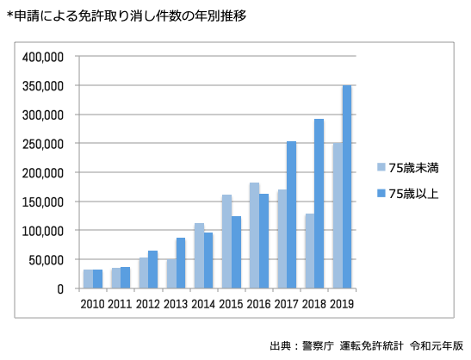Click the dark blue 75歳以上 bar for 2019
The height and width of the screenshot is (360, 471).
pos(347,187)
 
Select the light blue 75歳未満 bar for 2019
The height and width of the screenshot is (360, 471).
pos(338,215)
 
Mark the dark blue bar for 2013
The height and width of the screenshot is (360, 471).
pos(181,263)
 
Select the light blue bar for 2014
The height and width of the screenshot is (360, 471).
pos(199,256)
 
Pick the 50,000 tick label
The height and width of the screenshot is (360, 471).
pos(49,259)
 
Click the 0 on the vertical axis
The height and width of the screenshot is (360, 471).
pos(60,289)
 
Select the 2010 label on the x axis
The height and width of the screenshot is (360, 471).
pos(93,303)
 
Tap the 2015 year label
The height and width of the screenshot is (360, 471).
pos(232,303)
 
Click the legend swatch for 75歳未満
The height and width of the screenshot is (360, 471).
pos(380,167)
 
